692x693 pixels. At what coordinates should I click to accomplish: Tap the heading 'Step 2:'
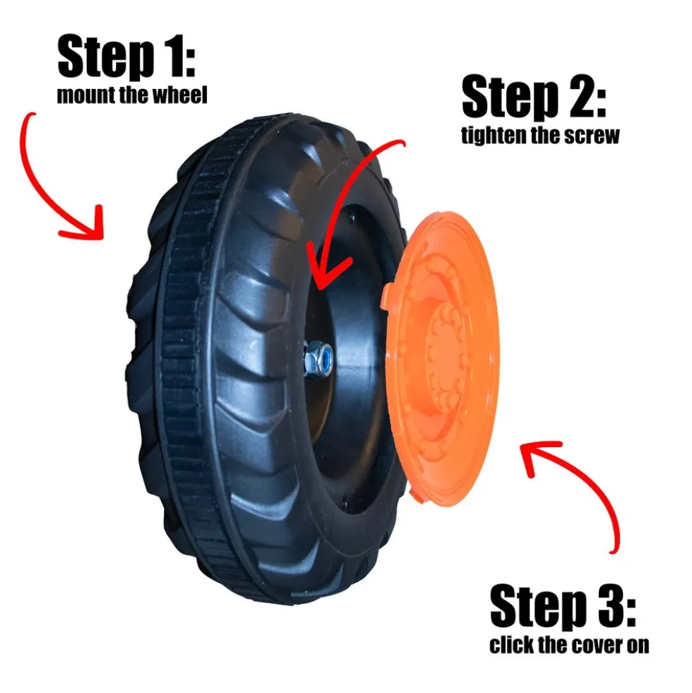[x=535, y=97]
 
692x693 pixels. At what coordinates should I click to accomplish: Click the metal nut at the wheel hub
[x=318, y=358]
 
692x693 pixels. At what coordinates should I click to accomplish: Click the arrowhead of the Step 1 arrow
[x=88, y=225]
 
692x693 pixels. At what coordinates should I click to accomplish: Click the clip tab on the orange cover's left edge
[x=386, y=296]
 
